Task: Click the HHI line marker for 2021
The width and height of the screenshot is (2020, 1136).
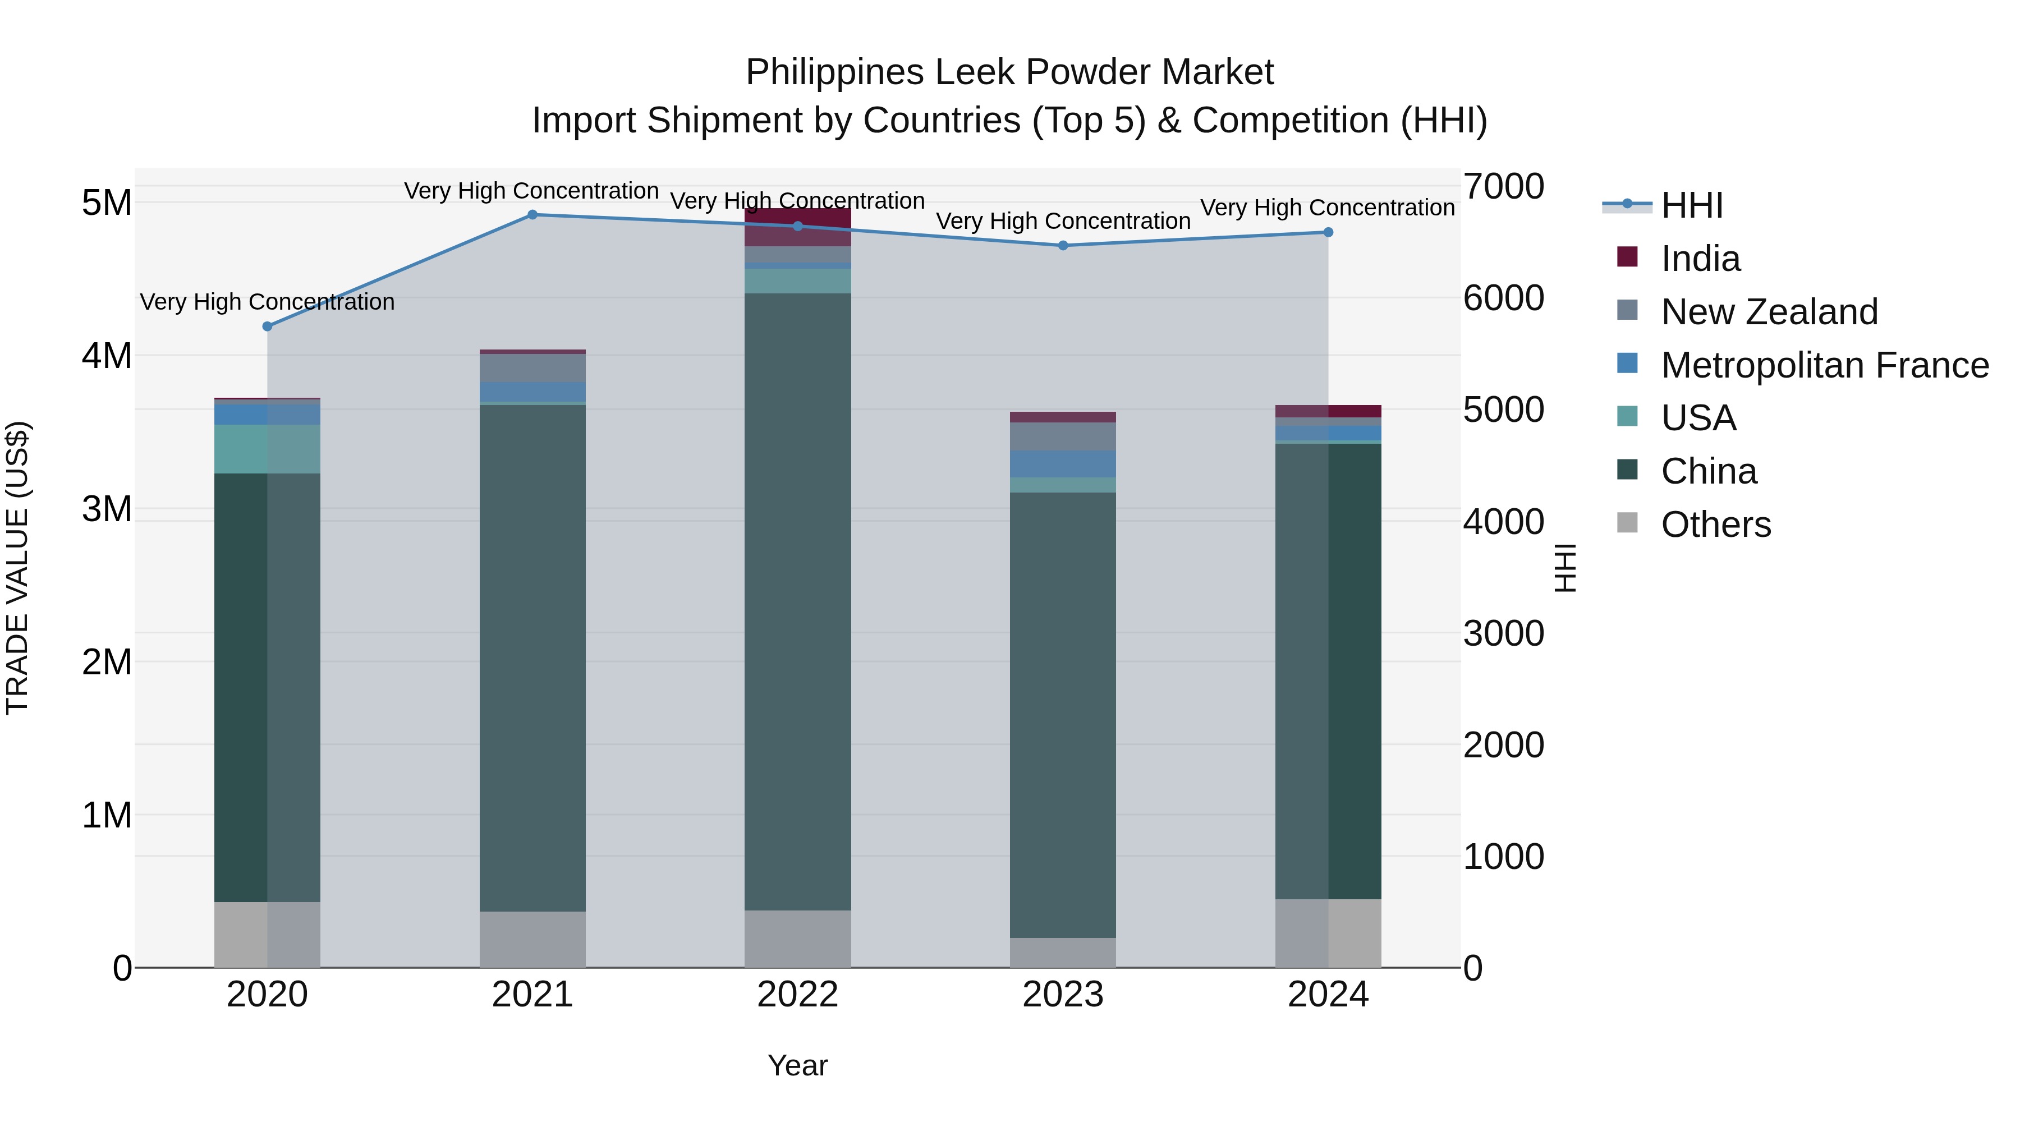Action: coord(532,215)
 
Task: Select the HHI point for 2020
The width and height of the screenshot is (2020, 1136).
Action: coord(268,326)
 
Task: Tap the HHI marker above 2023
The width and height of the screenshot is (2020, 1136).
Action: coord(1063,245)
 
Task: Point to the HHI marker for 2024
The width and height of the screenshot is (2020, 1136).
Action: coord(1328,232)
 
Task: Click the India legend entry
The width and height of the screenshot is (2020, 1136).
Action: coord(1700,259)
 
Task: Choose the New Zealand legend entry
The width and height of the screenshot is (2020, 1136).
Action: coord(1769,312)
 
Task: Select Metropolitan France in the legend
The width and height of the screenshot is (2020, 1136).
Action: coord(1824,365)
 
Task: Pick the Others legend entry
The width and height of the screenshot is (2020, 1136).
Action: coord(1716,525)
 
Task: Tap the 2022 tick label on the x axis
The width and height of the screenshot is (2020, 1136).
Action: coord(797,995)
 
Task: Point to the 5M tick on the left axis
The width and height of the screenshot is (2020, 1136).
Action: coord(107,203)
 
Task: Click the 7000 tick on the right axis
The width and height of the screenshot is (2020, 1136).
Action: coord(1503,187)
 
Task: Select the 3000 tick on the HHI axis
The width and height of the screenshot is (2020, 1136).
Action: coord(1503,633)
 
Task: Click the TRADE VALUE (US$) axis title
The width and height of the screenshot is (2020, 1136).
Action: coord(17,568)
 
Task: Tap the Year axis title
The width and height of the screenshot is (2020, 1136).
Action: coord(797,1065)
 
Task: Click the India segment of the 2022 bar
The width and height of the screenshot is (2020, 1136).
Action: coord(797,227)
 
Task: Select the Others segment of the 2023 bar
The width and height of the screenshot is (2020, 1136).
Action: coord(1063,953)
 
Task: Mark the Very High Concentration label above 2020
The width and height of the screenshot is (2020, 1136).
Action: coord(268,302)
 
